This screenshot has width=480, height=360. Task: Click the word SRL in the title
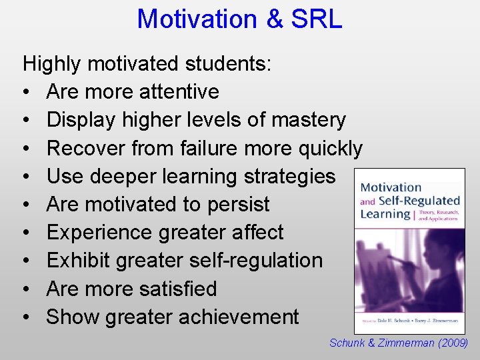pos(317,19)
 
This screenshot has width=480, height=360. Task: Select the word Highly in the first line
pos(52,64)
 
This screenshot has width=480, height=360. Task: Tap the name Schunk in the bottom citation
pos(348,343)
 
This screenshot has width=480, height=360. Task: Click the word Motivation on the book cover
pos(391,187)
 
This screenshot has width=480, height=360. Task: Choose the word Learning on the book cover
pos(385,214)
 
